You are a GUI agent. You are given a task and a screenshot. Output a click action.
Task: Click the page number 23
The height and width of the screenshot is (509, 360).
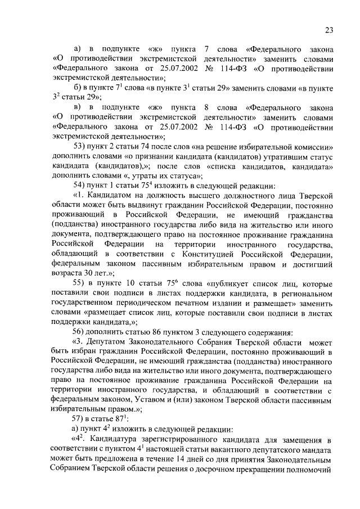330,30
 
